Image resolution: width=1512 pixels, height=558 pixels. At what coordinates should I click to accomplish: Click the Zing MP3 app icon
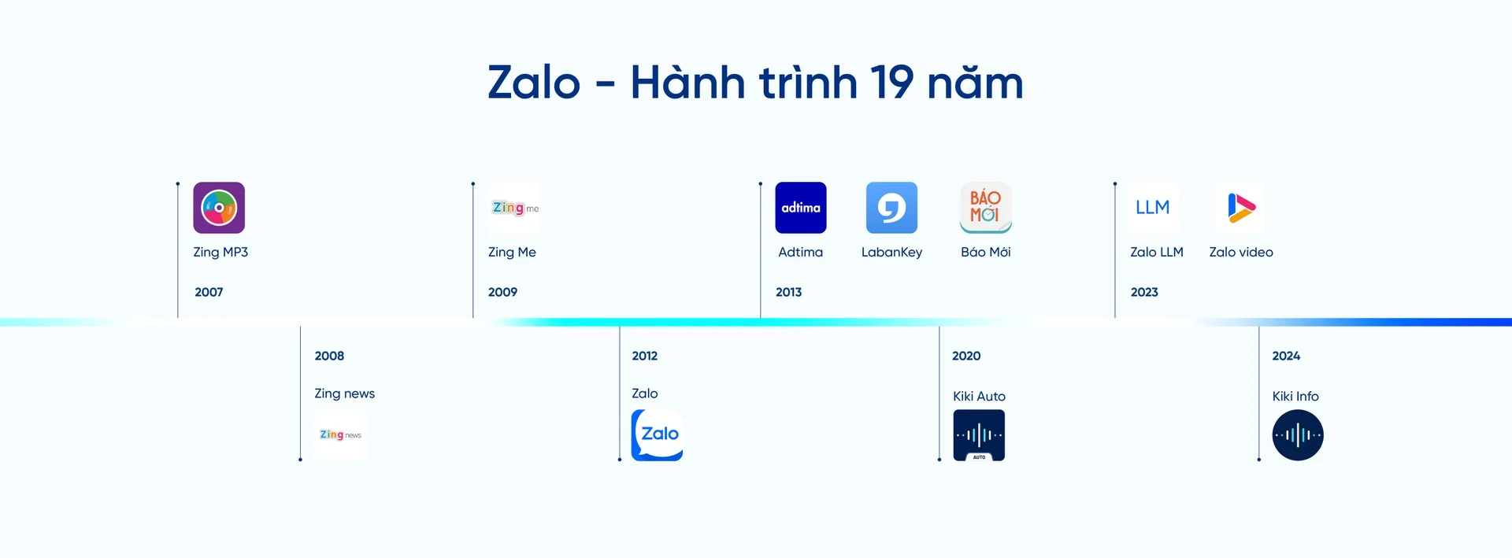219,208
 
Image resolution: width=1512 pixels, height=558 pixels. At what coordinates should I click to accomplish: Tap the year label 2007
209,292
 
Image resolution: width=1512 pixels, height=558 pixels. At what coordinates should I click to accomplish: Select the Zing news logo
340,434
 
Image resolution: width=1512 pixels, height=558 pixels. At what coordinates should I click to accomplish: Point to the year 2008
329,356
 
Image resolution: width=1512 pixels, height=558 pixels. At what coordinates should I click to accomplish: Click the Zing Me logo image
515,208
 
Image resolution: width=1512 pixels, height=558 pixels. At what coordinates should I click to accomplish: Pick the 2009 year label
502,292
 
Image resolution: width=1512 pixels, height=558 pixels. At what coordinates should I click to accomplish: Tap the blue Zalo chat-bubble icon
658,434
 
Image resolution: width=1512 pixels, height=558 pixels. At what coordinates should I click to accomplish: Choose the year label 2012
644,356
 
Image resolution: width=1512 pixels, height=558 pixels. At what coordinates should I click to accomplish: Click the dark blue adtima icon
801,208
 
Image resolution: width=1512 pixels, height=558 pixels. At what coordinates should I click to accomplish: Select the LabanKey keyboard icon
891,208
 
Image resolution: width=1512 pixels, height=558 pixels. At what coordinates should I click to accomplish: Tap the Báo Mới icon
985,208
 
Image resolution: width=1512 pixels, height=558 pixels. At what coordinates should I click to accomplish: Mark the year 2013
788,292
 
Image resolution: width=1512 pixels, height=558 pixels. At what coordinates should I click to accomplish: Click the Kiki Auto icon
979,435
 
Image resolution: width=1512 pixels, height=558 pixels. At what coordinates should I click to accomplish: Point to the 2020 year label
966,356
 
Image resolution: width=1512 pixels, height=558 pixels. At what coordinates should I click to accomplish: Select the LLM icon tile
1153,208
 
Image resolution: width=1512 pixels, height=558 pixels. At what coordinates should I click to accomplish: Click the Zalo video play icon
1240,208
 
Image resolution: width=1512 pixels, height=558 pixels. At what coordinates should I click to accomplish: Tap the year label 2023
1144,292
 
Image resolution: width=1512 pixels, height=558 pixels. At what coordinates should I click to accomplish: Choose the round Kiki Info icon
1298,435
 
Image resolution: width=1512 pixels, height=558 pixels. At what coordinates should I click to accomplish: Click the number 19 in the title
891,83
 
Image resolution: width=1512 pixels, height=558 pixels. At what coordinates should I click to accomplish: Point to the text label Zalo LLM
1157,252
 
